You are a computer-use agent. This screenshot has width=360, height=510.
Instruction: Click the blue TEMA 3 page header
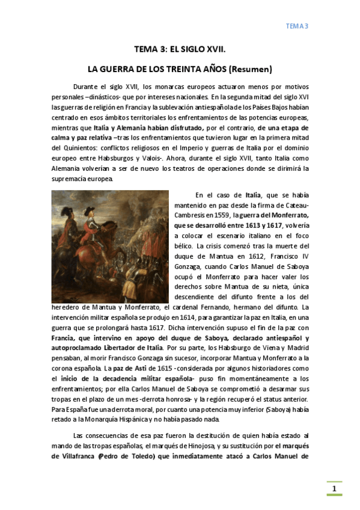[296, 26]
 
